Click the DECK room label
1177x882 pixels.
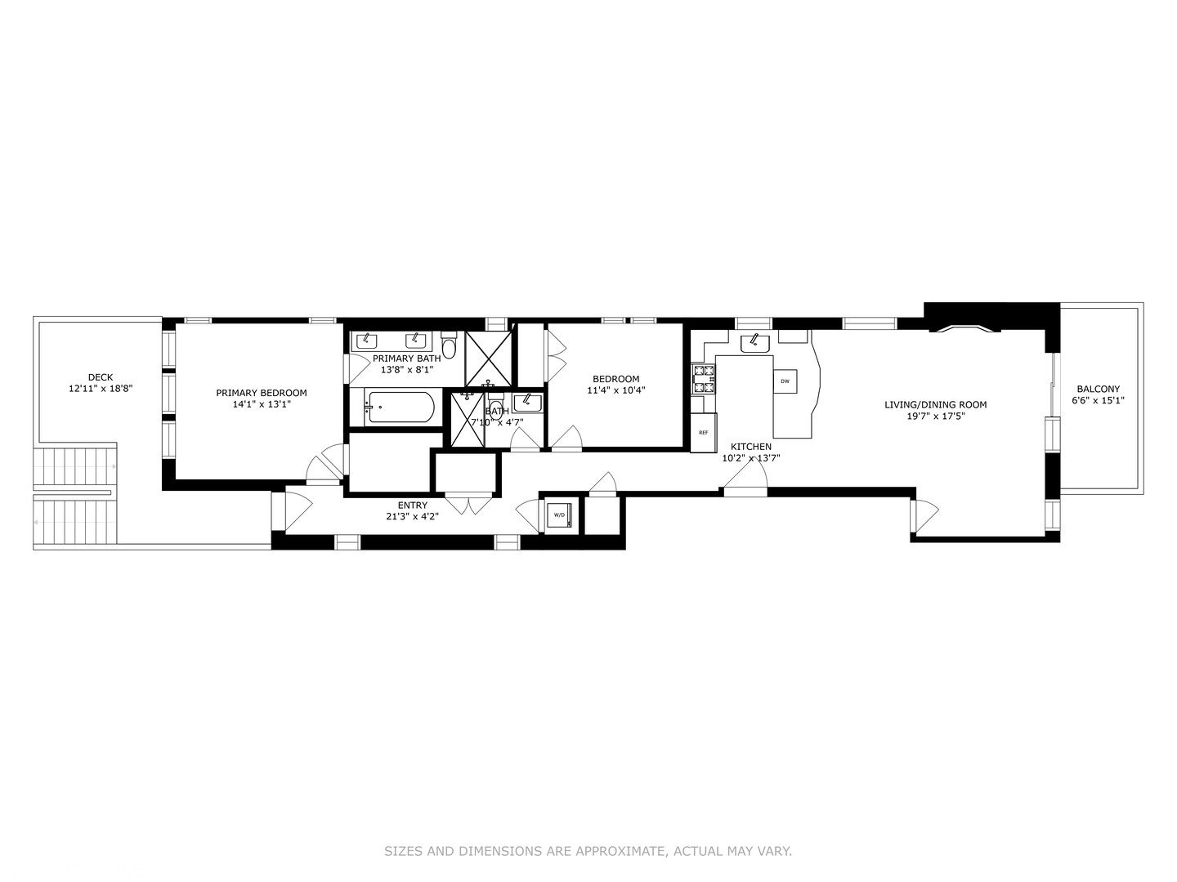click(100, 377)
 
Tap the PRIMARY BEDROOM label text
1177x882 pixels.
click(262, 393)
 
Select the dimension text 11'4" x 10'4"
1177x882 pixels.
click(616, 390)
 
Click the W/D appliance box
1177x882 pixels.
click(560, 515)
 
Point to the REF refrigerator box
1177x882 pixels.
click(703, 433)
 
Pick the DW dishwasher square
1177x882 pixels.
click(785, 381)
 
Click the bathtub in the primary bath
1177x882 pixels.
click(400, 407)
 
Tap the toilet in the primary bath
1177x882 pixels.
click(448, 346)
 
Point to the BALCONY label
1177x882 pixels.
click(1098, 390)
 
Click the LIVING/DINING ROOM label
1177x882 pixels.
click(935, 404)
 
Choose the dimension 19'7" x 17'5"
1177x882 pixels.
click(935, 416)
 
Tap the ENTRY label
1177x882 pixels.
click(412, 506)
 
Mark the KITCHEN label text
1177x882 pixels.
click(750, 447)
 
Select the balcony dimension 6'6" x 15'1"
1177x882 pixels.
click(1098, 401)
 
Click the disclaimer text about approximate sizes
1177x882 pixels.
click(588, 851)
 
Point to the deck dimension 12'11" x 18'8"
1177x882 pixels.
click(100, 389)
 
